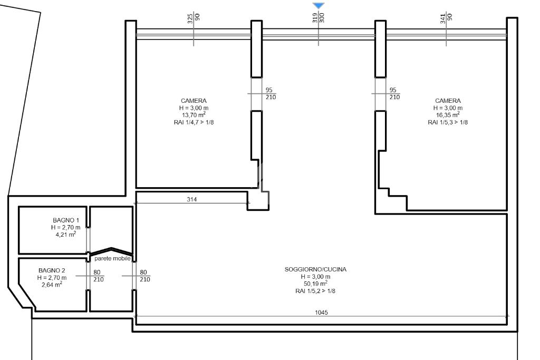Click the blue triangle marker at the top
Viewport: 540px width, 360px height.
tap(319, 5)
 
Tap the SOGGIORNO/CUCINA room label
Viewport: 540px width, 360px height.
tap(315, 269)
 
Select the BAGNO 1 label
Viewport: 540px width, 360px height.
tap(66, 220)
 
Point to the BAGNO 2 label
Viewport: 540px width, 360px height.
tap(52, 270)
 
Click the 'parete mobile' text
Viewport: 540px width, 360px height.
tap(113, 258)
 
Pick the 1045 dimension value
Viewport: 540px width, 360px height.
tap(321, 313)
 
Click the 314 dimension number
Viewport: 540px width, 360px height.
tap(192, 199)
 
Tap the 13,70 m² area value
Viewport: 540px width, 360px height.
tap(194, 114)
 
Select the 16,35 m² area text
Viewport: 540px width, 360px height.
tap(448, 114)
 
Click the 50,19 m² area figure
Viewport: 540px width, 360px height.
tap(315, 283)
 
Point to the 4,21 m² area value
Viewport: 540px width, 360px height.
tap(66, 234)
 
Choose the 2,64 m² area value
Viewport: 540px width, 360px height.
tap(52, 284)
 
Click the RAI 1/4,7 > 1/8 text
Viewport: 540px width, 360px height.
tap(194, 122)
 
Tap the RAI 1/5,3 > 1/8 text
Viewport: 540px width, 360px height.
tap(448, 122)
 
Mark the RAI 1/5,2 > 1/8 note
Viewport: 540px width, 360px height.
tap(315, 291)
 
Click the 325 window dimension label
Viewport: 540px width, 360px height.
tap(190, 18)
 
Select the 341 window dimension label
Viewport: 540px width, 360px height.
tap(443, 18)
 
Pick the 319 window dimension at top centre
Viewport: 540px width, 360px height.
tap(315, 17)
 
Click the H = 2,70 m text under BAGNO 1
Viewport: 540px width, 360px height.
tap(66, 228)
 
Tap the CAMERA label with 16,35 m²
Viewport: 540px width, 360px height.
tap(448, 101)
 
